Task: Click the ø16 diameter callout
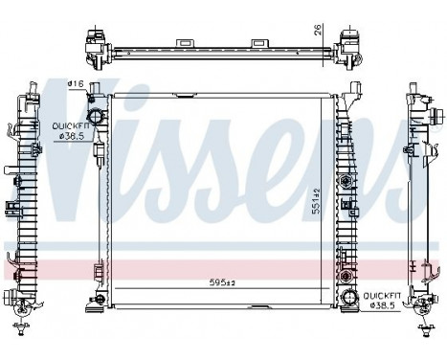tap(74, 84)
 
